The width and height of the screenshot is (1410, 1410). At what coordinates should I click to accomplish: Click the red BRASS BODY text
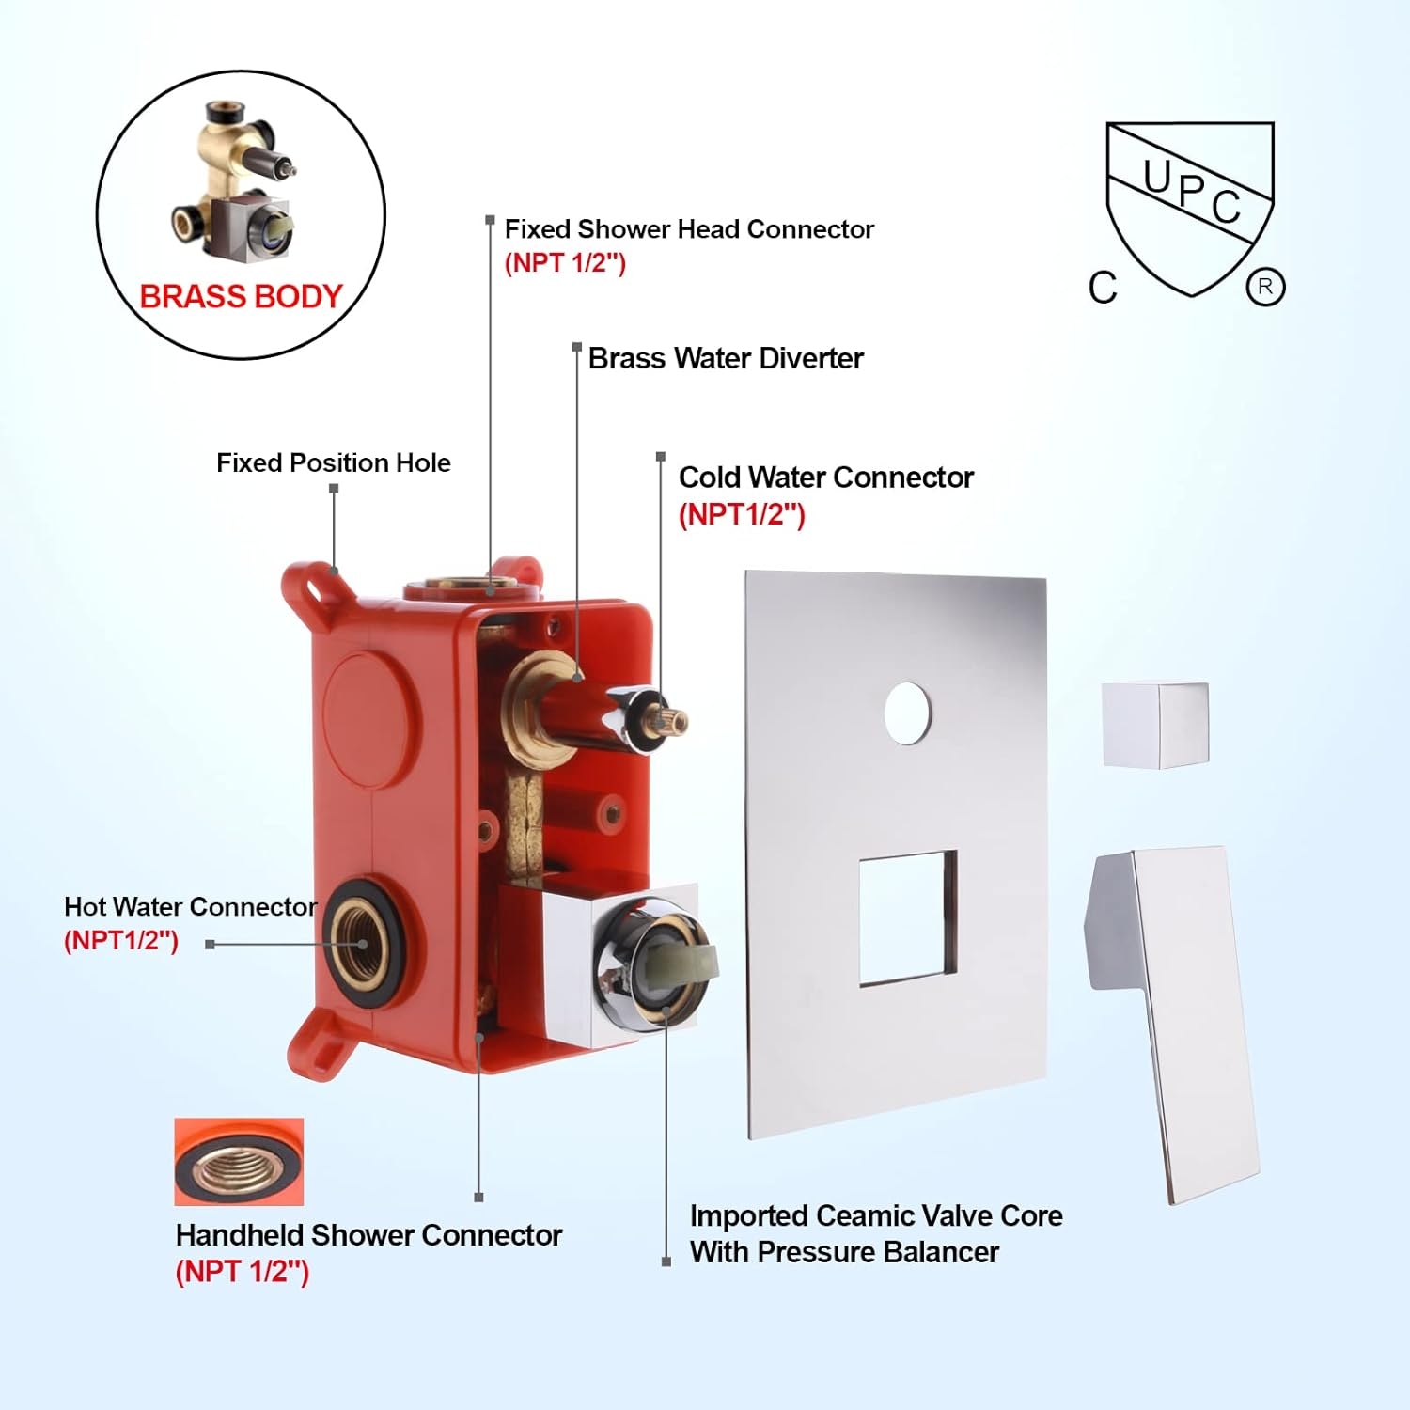(x=241, y=297)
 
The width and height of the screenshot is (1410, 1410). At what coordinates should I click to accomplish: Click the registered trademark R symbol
(x=1265, y=287)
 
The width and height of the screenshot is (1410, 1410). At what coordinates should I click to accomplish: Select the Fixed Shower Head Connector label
(x=689, y=229)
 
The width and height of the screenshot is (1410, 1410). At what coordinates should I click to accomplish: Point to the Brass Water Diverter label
(x=726, y=358)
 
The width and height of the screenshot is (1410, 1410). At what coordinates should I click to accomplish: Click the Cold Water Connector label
(x=826, y=478)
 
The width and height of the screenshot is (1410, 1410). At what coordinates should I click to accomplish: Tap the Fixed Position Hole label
(x=334, y=462)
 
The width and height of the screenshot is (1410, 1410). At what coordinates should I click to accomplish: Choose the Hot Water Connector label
(x=190, y=906)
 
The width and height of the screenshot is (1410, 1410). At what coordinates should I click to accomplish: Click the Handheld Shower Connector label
(x=368, y=1235)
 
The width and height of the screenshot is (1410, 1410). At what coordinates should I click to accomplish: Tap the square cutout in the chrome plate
(x=908, y=918)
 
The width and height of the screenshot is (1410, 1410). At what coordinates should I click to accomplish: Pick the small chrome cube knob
(x=1155, y=725)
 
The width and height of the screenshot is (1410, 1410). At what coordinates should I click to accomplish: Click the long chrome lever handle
(x=1175, y=1025)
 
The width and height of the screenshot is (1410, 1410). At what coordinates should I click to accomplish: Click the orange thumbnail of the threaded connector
(x=239, y=1162)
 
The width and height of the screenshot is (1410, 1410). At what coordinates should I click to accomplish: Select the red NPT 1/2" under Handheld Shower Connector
(x=243, y=1272)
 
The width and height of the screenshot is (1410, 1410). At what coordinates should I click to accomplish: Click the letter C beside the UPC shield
(x=1103, y=288)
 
